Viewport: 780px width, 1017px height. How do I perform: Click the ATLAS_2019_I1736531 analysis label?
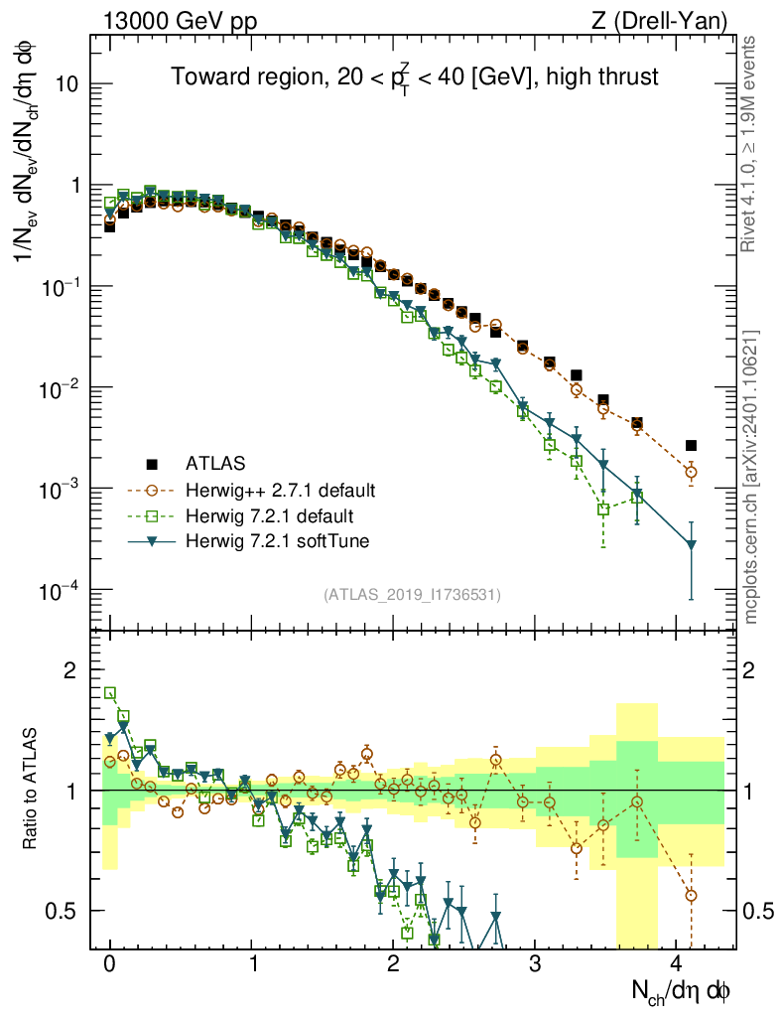pyautogui.click(x=412, y=595)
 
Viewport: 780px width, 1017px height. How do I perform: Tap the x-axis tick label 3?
pyautogui.click(x=535, y=964)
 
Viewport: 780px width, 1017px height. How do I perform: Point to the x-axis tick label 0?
pyautogui.click(x=110, y=964)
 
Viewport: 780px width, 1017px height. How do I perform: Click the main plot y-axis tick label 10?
pyautogui.click(x=69, y=84)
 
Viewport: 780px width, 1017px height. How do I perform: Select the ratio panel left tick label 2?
pyautogui.click(x=70, y=670)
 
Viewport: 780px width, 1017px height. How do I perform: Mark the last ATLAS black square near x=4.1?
pyautogui.click(x=691, y=445)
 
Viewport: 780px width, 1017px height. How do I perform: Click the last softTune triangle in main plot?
pyautogui.click(x=691, y=544)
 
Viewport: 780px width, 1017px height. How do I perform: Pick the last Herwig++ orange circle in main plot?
pyautogui.click(x=691, y=472)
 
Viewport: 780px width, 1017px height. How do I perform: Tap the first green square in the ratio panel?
pyautogui.click(x=110, y=693)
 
